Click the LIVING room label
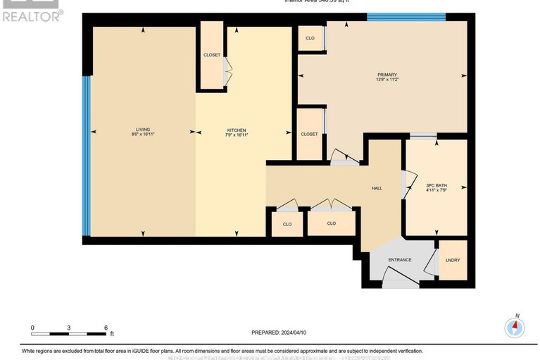(143, 129)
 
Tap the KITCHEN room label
(237, 130)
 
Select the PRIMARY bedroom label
(387, 75)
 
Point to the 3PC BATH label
(437, 185)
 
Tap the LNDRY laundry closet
(453, 260)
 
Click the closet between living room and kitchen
(212, 55)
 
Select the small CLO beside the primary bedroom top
(310, 38)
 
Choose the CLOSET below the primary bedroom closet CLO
(309, 134)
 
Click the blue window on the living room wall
(87, 155)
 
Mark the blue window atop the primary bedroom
(406, 16)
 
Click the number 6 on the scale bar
(105, 328)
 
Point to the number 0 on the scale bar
(32, 328)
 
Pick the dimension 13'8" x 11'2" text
(387, 80)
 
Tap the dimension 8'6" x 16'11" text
(143, 134)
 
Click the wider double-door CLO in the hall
(332, 223)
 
